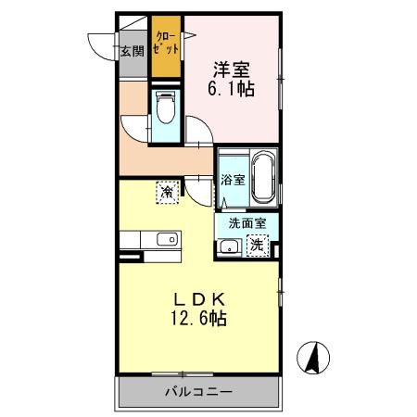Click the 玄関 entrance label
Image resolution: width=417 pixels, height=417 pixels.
pos(131,52)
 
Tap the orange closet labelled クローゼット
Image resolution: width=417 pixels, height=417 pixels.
pos(166,46)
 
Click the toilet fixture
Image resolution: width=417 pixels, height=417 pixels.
pos(166,109)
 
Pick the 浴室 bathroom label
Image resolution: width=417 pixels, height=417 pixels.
pos(233,180)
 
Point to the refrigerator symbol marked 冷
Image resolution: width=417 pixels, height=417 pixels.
pos(166,191)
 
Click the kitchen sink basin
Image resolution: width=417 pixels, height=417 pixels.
pos(168,241)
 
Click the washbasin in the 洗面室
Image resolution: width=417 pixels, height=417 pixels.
pos(228,246)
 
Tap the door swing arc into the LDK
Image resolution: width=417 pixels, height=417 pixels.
pos(197,189)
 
